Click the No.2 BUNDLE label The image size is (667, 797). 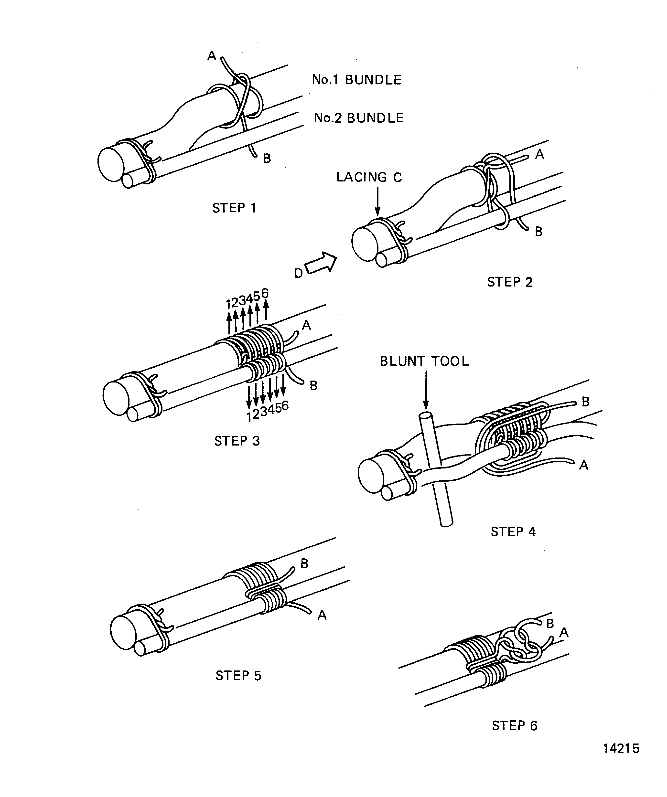pyautogui.click(x=358, y=118)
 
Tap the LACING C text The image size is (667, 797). pyautogui.click(x=369, y=177)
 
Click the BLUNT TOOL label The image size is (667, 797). pyautogui.click(x=424, y=361)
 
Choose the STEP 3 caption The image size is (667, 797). pyautogui.click(x=237, y=441)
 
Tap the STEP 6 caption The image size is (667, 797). pyautogui.click(x=514, y=726)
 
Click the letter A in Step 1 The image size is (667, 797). pyautogui.click(x=211, y=56)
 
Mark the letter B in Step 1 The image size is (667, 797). pyautogui.click(x=267, y=159)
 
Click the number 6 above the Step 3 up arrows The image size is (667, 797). pyautogui.click(x=265, y=293)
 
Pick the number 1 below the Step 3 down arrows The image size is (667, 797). pyautogui.click(x=249, y=417)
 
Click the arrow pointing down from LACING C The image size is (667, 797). pyautogui.click(x=377, y=202)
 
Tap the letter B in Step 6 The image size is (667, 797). pyautogui.click(x=550, y=624)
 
